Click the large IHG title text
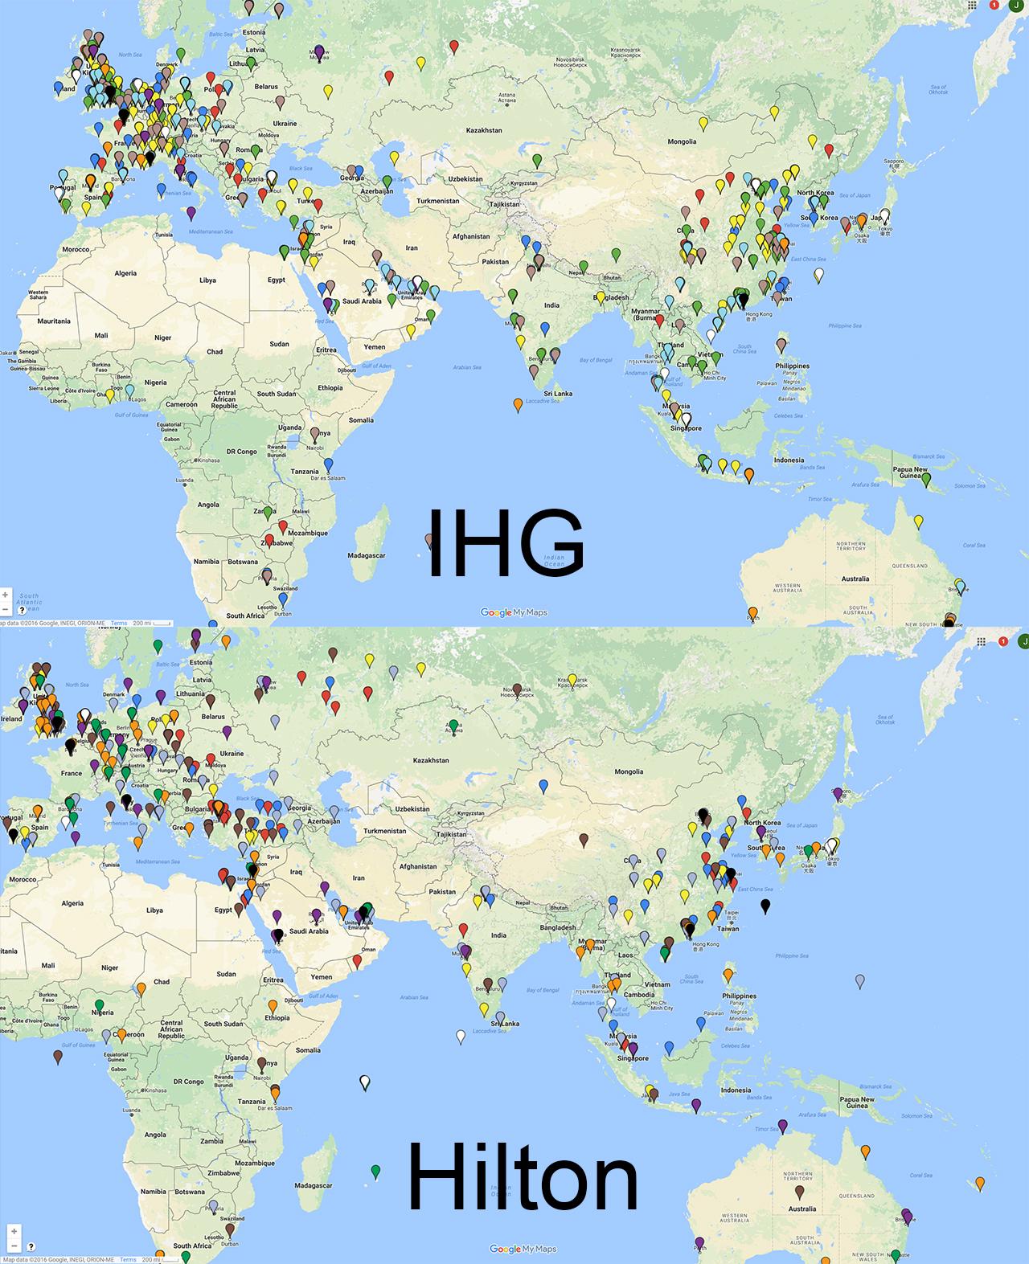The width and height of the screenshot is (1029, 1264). (x=504, y=543)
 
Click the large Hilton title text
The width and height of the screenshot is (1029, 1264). (x=523, y=1178)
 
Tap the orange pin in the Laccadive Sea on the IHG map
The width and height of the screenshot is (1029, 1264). (x=517, y=404)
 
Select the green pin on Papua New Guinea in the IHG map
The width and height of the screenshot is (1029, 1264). (x=926, y=479)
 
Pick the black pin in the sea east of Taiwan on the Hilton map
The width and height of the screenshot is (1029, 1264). (x=765, y=906)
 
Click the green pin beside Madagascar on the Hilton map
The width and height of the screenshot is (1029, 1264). (x=375, y=1171)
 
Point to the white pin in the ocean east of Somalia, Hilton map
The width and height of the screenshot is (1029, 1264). (x=365, y=1082)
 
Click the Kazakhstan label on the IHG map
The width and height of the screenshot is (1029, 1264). (x=484, y=130)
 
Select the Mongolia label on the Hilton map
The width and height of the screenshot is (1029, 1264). (x=629, y=771)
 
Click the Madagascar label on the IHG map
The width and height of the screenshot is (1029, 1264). (x=367, y=555)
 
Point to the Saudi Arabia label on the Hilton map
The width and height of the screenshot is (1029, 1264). (x=309, y=931)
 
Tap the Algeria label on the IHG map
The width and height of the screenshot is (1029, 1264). (x=125, y=273)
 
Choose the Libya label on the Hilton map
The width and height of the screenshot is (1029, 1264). (x=154, y=910)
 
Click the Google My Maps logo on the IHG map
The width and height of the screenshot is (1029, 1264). (x=514, y=612)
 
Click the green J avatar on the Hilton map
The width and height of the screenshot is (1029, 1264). (x=1023, y=640)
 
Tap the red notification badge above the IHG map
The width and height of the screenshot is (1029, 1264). (x=994, y=5)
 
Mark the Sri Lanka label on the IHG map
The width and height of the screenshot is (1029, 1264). (x=558, y=394)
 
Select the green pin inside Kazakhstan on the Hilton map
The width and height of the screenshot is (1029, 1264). (x=453, y=726)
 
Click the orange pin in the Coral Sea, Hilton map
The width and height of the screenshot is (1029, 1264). (x=980, y=1183)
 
